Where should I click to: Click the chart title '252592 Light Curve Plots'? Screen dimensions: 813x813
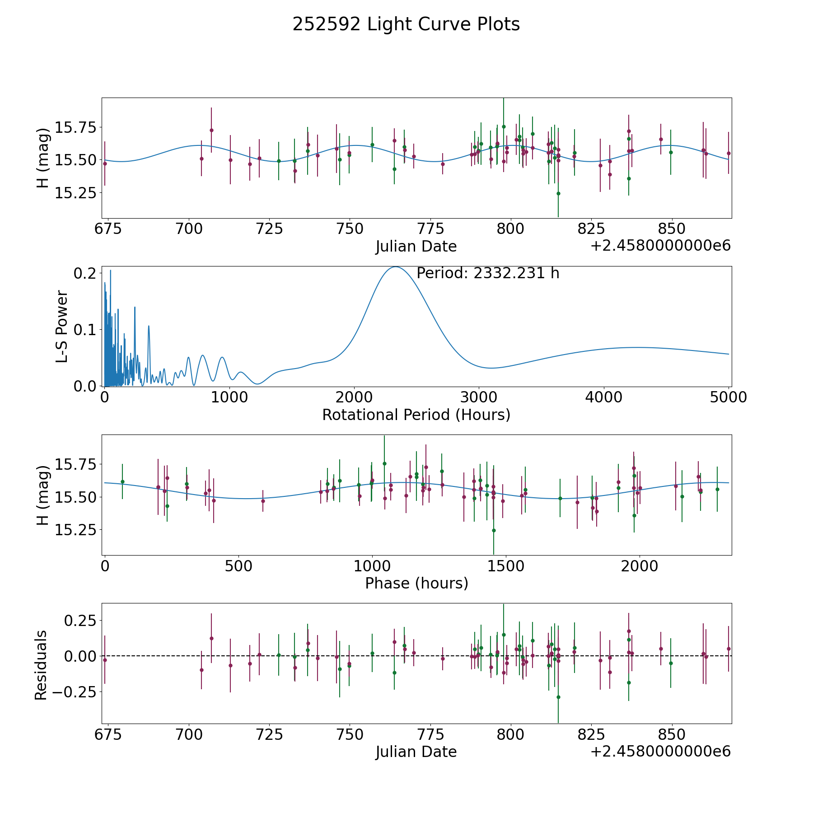406,24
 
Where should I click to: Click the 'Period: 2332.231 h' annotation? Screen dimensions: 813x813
488,273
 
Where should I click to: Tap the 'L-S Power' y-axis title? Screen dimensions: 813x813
62,326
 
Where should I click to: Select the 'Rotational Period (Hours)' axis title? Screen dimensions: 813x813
416,415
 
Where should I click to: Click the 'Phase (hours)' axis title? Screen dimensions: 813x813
416,583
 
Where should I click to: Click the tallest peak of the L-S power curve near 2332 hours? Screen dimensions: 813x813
396,267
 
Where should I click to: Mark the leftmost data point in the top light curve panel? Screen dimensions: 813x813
105,164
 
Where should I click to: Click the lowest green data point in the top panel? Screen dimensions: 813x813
558,193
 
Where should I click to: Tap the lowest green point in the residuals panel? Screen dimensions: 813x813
558,697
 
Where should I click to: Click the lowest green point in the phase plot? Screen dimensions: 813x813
494,530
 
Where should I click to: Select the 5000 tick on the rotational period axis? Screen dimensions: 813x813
729,397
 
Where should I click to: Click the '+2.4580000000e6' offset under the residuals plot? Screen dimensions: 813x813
660,751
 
